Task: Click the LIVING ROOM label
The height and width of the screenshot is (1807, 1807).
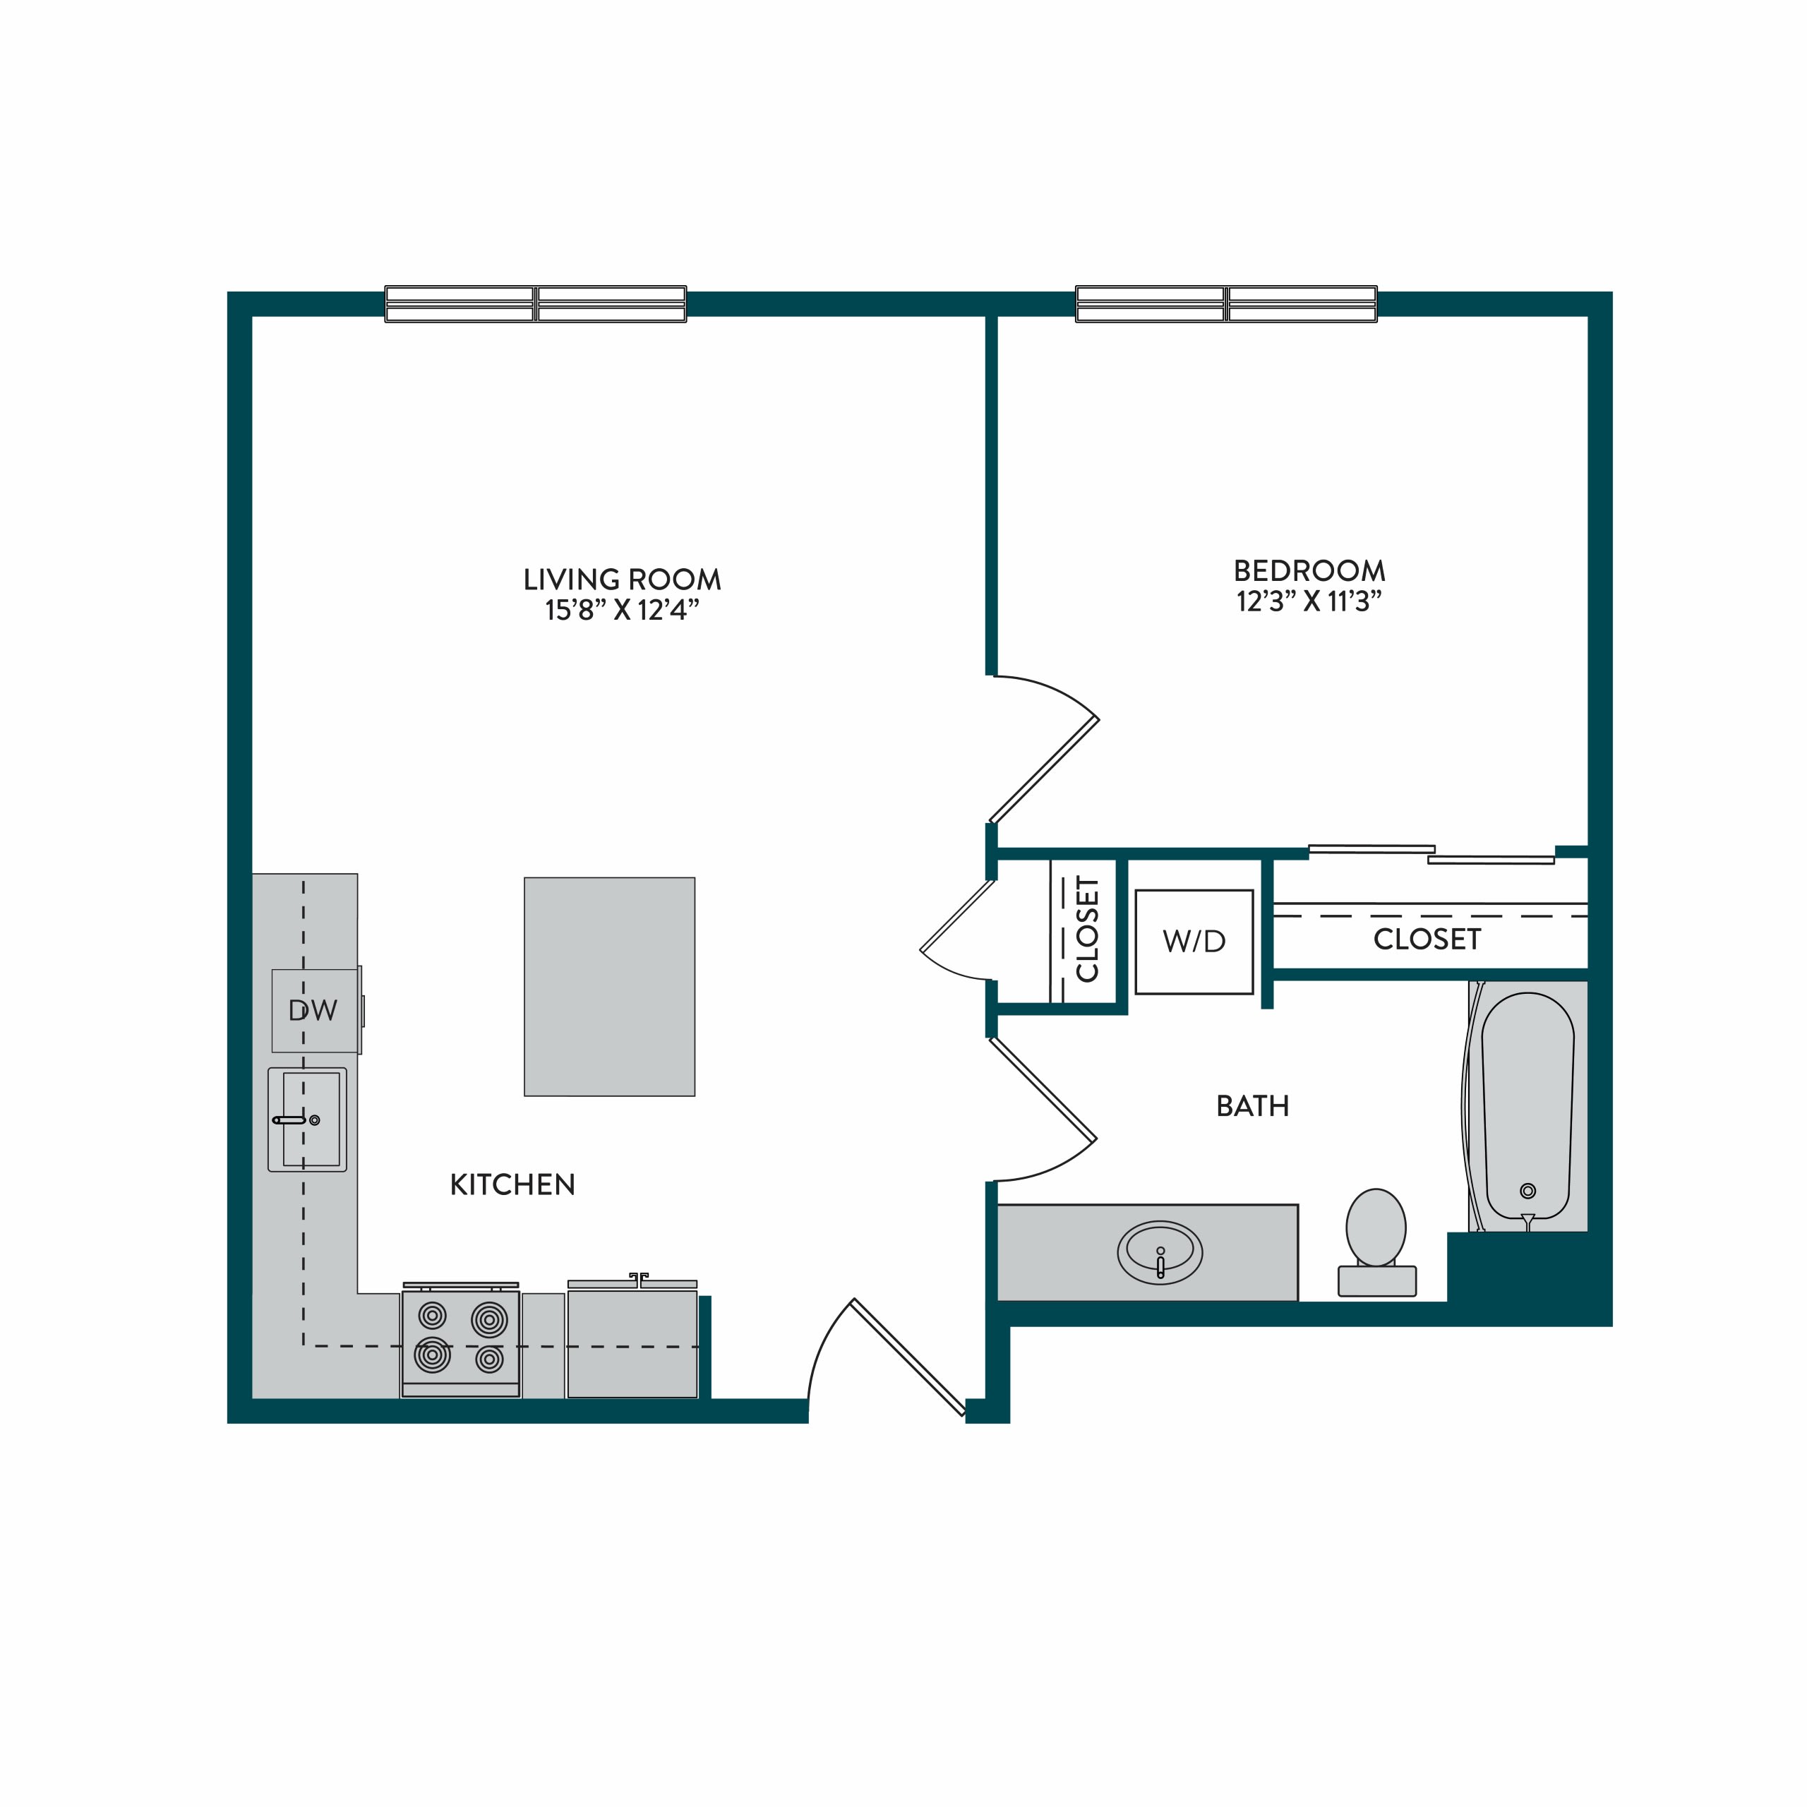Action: pos(622,580)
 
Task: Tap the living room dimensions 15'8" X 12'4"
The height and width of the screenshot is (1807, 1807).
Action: pos(622,611)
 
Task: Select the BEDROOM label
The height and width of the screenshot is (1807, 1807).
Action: pos(1309,570)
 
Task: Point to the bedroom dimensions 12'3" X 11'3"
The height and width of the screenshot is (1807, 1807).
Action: pos(1309,601)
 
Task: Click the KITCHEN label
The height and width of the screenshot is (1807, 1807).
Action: pos(512,1185)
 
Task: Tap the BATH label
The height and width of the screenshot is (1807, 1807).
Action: pos(1252,1107)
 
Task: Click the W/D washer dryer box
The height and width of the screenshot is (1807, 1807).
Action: pos(1194,942)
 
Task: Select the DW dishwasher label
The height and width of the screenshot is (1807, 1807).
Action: pos(313,1010)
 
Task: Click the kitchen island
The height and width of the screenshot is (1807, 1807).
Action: pos(610,987)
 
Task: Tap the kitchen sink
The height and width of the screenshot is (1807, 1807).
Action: pos(308,1119)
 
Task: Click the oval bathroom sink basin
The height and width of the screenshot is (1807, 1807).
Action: pos(1160,1252)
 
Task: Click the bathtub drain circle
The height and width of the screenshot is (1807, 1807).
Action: pos(1528,1191)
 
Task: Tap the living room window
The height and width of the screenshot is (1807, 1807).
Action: pos(536,304)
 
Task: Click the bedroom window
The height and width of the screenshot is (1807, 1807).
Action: pos(1226,304)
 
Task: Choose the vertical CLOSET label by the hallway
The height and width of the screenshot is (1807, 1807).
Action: pos(1087,930)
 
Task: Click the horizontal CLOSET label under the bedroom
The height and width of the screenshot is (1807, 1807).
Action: pos(1427,939)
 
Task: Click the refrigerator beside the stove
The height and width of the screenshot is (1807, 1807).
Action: pos(632,1339)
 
